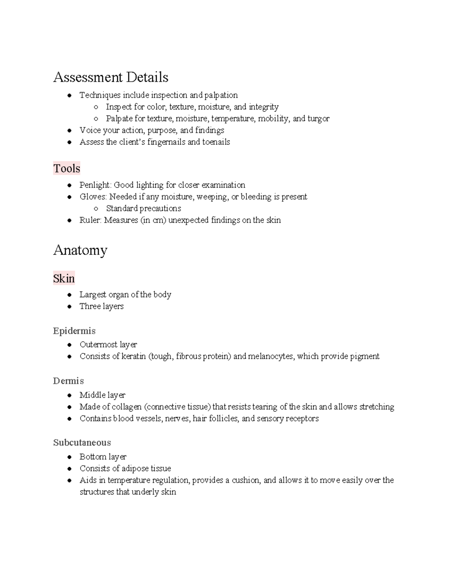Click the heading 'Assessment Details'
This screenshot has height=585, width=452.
(111, 77)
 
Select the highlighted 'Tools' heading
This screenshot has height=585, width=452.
(67, 168)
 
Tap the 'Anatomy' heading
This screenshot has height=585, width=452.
(80, 250)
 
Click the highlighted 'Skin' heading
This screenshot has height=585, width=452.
(64, 278)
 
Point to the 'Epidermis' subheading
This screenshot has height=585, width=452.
(74, 331)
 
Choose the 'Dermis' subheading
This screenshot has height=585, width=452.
(68, 381)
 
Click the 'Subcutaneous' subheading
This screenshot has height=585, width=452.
(82, 442)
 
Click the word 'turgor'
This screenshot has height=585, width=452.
(318, 119)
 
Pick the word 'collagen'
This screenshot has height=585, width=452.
(127, 407)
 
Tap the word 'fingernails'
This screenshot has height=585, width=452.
(166, 142)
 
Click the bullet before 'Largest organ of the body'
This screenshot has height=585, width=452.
(69, 295)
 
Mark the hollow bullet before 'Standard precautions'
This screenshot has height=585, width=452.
(96, 209)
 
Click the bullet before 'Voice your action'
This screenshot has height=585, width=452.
(69, 131)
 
